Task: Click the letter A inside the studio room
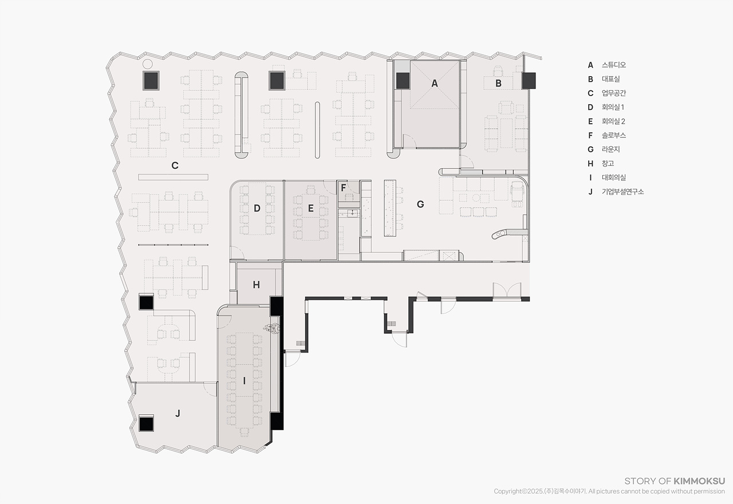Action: click(x=435, y=84)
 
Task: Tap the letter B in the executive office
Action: click(x=498, y=84)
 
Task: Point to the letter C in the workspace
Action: click(x=175, y=165)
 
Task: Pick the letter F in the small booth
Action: click(x=343, y=188)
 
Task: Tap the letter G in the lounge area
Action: click(x=420, y=204)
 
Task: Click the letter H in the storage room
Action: click(x=256, y=285)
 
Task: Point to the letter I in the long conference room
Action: click(x=244, y=380)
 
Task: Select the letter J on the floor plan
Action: click(x=178, y=414)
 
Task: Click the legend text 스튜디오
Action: click(x=613, y=65)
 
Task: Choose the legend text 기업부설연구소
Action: click(x=622, y=192)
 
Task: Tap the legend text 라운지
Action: click(x=610, y=149)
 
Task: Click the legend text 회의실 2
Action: click(x=613, y=121)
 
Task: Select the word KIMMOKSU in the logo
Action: click(x=699, y=481)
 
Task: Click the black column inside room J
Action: click(x=146, y=423)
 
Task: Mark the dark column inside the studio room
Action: click(x=403, y=81)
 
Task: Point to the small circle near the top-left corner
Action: click(x=148, y=64)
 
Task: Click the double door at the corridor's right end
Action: click(x=507, y=290)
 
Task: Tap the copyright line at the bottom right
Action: click(x=609, y=491)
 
